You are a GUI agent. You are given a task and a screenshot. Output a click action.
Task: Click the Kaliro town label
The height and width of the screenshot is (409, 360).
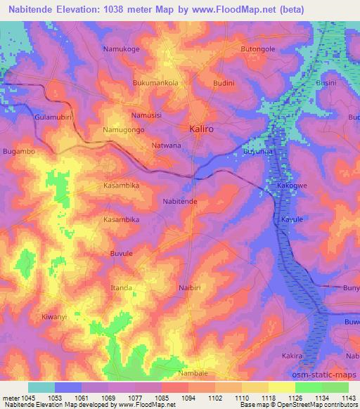204,129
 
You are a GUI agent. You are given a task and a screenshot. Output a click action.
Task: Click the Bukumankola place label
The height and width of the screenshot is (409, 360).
155,82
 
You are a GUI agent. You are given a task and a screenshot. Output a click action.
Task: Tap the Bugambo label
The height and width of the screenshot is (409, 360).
19,151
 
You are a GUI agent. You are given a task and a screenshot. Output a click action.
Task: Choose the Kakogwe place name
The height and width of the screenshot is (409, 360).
294,187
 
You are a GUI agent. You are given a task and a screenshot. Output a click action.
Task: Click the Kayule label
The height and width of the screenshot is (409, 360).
292,220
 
